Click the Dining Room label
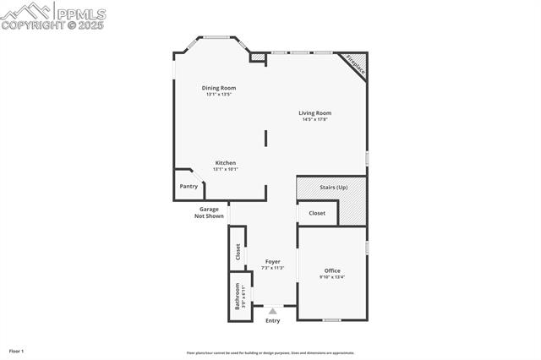click(x=218, y=88)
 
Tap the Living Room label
click(x=314, y=112)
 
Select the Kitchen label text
click(x=225, y=162)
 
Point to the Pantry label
click(x=189, y=186)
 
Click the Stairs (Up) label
click(x=332, y=187)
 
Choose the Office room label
click(x=332, y=270)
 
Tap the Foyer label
click(x=272, y=261)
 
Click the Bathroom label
click(x=238, y=296)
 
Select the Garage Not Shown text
click(x=210, y=212)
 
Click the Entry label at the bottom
click(x=272, y=320)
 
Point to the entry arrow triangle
click(x=272, y=311)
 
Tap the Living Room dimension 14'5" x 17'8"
click(x=314, y=119)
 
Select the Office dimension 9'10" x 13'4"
click(x=332, y=277)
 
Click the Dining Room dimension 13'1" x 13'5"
click(x=218, y=94)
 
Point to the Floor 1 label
click(x=17, y=350)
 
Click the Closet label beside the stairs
click(x=317, y=213)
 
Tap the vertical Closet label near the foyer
click(x=238, y=251)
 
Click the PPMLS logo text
click(x=80, y=14)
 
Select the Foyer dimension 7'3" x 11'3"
click(x=272, y=268)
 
